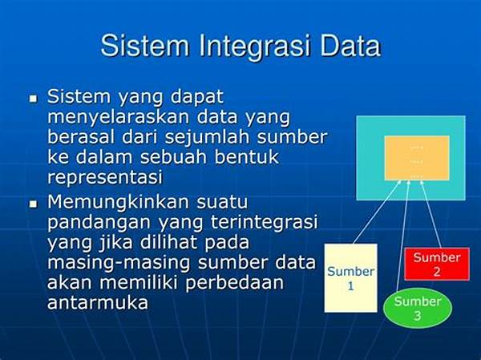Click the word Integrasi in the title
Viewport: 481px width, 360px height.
[254, 47]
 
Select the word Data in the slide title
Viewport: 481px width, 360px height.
[350, 46]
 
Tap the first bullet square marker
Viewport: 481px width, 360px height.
[33, 99]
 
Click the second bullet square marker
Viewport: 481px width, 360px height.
[33, 204]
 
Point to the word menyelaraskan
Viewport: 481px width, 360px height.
[119, 117]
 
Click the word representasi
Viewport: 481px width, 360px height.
[105, 177]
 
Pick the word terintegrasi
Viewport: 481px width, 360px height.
[264, 222]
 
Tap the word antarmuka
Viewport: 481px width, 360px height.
[98, 303]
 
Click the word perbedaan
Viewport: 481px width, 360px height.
[235, 283]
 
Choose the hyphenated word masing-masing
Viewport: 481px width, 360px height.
[120, 263]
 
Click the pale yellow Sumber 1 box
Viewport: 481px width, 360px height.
[350, 278]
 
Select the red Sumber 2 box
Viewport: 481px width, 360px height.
[437, 264]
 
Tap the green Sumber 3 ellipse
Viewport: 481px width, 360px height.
[418, 308]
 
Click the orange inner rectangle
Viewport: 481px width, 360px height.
[417, 158]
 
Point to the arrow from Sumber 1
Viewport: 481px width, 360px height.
[378, 212]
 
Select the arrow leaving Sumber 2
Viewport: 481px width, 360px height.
[430, 214]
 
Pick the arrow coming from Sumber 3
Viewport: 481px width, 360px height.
[403, 235]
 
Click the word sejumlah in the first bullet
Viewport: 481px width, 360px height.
[208, 137]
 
